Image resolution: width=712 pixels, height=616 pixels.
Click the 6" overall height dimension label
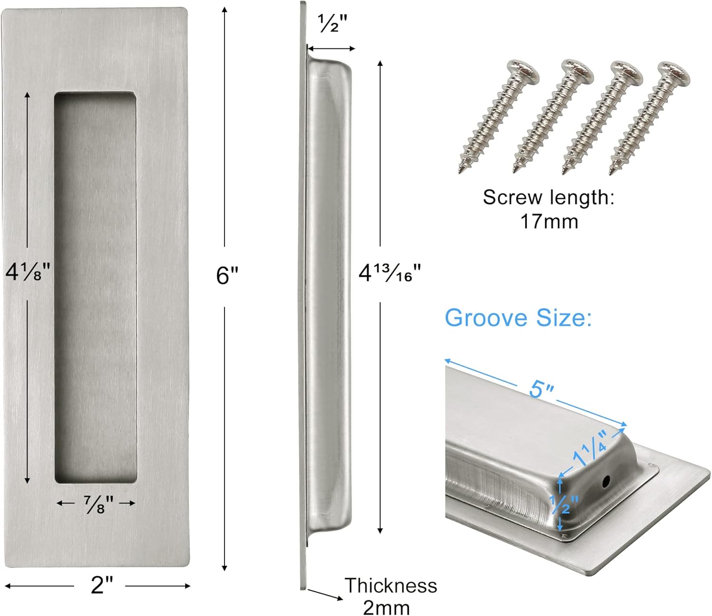click(x=227, y=275)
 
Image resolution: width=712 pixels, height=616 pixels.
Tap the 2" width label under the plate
click(x=102, y=585)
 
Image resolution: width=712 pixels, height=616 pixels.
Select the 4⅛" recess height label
click(x=28, y=272)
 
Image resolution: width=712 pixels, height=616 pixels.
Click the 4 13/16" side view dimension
click(x=389, y=273)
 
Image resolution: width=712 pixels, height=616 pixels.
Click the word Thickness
click(x=390, y=586)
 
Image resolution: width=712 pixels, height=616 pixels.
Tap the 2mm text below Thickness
click(x=386, y=607)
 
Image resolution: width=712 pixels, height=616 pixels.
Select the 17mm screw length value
click(x=549, y=222)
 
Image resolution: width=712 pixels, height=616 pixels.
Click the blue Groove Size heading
click(x=518, y=317)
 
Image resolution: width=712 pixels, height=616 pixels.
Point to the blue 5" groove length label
click(x=542, y=389)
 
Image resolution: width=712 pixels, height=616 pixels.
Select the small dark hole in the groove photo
click(x=606, y=483)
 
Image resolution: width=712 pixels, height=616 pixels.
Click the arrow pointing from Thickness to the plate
click(x=325, y=594)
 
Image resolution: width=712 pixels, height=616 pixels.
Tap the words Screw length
click(x=548, y=197)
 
